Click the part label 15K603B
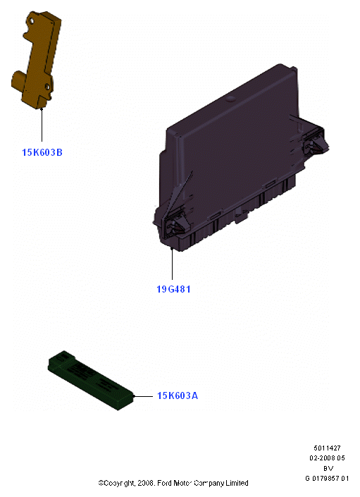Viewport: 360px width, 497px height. pyautogui.click(x=42, y=152)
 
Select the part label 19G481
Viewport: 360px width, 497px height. pyautogui.click(x=173, y=289)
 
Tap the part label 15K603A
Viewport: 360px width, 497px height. pyautogui.click(x=178, y=395)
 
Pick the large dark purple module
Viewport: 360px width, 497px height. pyautogui.click(x=235, y=159)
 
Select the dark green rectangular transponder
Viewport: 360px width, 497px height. pyautogui.click(x=91, y=381)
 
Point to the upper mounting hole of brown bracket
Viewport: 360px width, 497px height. pyautogui.click(x=32, y=21)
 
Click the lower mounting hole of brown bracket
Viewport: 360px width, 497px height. pyautogui.click(x=47, y=86)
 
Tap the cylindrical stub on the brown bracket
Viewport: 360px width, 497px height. pyautogui.click(x=18, y=79)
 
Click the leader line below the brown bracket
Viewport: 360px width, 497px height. pyautogui.click(x=42, y=125)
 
